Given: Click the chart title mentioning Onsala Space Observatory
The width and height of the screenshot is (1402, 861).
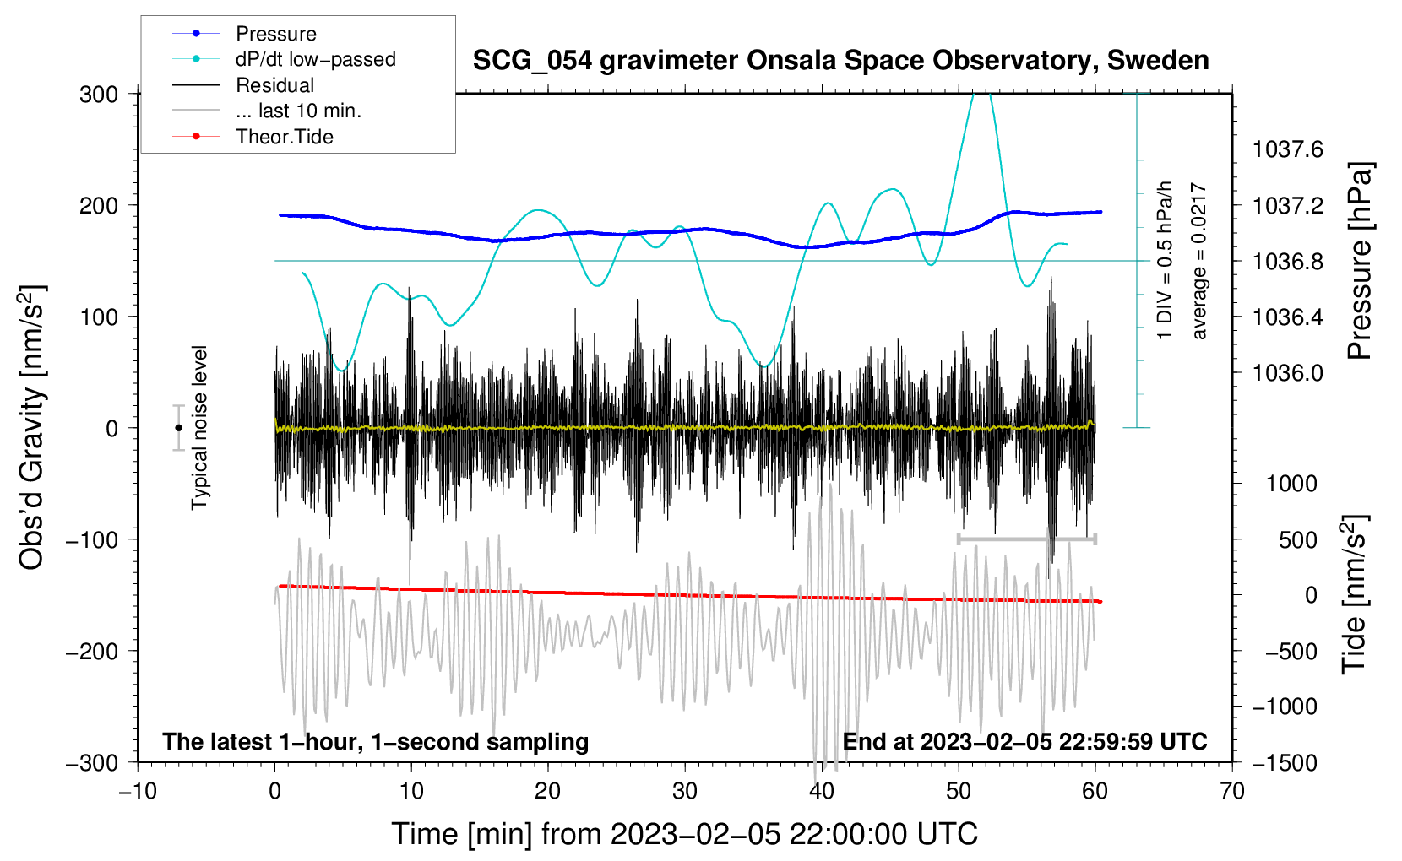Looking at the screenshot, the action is [x=840, y=61].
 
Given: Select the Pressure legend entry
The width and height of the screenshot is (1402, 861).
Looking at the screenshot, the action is [x=244, y=33].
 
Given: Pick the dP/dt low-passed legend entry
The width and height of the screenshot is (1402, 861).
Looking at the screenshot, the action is [x=284, y=59].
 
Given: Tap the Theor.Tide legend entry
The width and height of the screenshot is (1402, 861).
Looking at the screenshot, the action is [x=253, y=137].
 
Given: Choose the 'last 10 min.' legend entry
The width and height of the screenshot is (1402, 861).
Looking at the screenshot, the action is [x=267, y=111].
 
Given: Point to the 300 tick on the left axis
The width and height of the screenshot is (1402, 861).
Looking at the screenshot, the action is [x=99, y=95].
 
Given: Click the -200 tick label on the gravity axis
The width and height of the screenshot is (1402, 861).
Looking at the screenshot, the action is [x=92, y=652].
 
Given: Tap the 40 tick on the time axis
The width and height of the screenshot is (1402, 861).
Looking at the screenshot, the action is [x=821, y=791].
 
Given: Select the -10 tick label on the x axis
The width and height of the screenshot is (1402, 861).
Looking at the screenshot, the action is [x=138, y=791].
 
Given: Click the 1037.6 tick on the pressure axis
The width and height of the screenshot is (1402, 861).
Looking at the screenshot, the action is [x=1288, y=149].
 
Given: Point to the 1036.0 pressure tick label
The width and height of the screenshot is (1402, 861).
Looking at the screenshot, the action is [x=1288, y=373].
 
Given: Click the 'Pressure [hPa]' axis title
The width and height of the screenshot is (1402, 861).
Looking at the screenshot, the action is [x=1360, y=261].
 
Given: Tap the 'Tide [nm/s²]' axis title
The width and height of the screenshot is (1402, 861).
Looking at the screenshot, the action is [x=1354, y=594].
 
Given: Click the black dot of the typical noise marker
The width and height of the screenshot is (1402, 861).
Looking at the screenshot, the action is [x=178, y=428].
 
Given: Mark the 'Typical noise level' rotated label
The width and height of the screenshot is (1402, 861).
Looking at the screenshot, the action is [x=199, y=428].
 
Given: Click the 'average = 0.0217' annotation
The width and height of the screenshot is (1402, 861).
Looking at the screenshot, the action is [x=1198, y=261].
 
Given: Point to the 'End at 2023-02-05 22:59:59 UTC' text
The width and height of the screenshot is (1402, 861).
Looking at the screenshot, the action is [x=1024, y=741].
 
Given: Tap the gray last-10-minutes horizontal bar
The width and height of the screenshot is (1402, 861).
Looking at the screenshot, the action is [x=1026, y=539].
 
